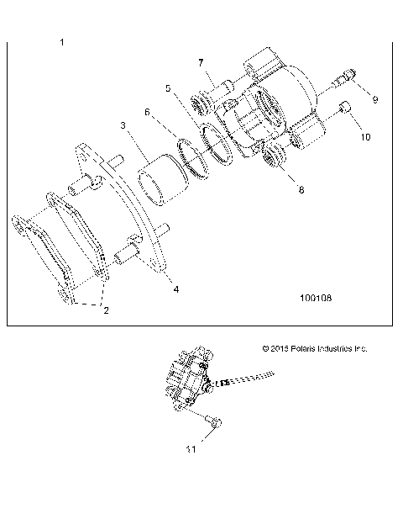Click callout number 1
[63, 41]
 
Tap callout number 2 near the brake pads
[106, 310]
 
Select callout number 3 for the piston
[123, 126]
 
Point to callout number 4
[175, 289]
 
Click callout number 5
[168, 87]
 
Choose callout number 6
[148, 111]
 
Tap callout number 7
[201, 62]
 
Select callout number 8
[277, 190]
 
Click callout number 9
[375, 99]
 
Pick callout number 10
[364, 135]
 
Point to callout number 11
[191, 449]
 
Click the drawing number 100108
[316, 297]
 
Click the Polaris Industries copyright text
[315, 348]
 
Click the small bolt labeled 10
[343, 108]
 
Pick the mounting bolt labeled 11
[212, 421]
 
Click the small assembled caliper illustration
[191, 379]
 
